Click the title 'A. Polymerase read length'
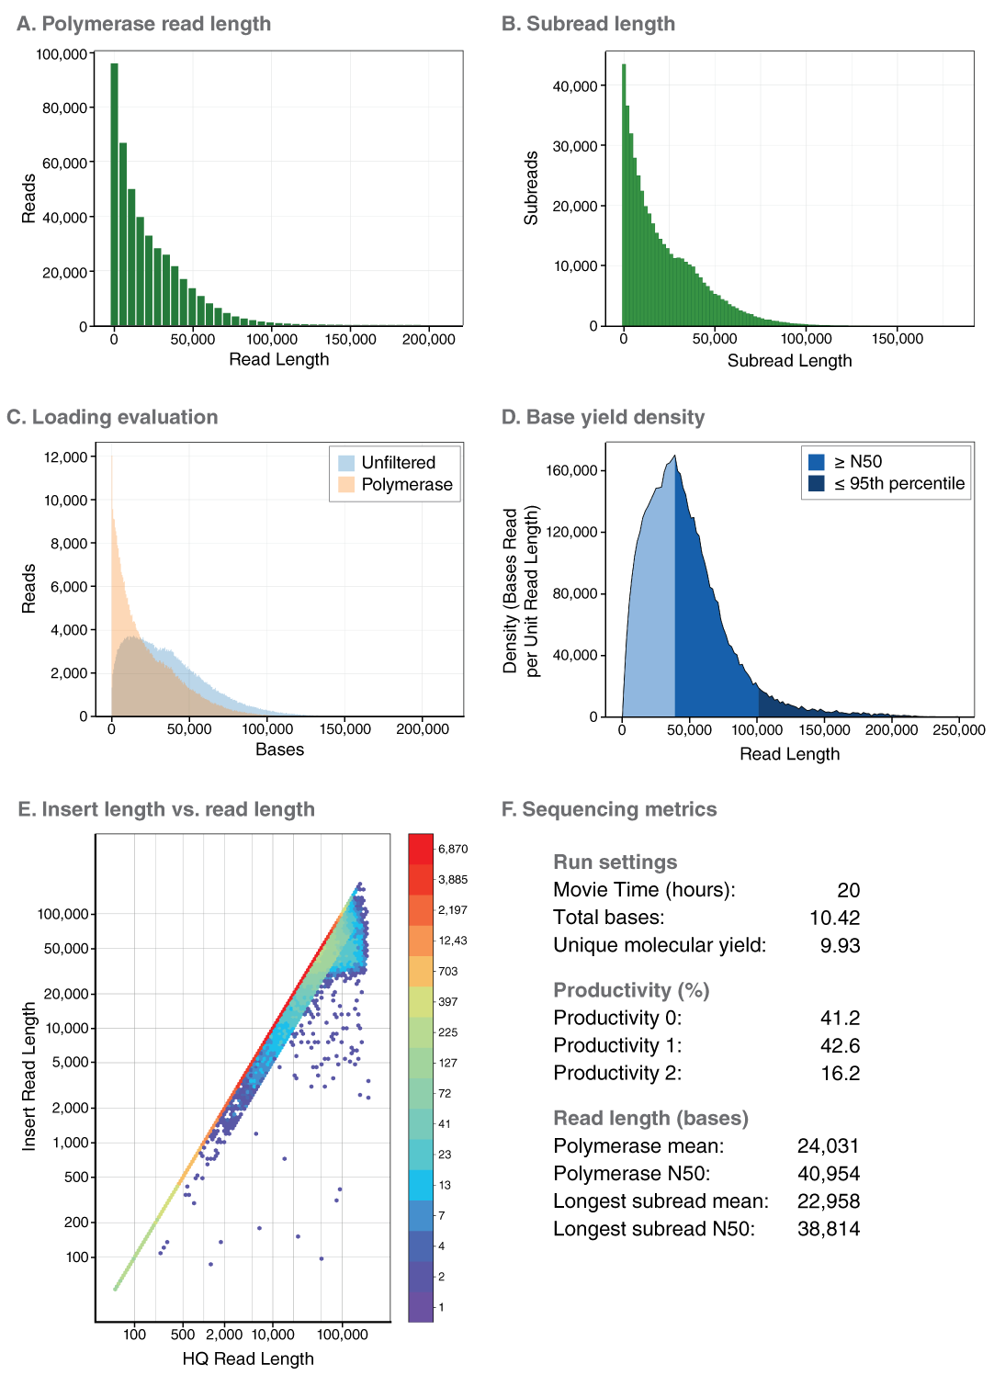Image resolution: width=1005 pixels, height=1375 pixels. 143,24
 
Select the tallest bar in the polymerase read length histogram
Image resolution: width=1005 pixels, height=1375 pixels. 115,195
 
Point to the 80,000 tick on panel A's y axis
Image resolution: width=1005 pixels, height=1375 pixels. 64,108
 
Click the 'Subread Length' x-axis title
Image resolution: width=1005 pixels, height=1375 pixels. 789,361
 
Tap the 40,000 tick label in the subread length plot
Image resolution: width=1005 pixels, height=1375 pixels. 575,86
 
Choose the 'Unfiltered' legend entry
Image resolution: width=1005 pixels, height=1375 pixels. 398,463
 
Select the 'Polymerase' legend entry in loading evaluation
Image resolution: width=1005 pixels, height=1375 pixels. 406,485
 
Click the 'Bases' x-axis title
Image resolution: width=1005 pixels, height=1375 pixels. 279,749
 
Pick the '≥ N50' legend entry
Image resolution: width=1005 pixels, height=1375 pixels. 857,462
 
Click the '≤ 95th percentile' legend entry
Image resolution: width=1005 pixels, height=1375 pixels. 898,484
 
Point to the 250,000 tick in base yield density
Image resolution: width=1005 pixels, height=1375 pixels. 958,730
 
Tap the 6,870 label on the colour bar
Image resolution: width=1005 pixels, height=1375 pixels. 453,850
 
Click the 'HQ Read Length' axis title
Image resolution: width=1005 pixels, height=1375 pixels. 248,1358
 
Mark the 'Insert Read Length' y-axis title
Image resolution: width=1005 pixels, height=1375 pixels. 29,1076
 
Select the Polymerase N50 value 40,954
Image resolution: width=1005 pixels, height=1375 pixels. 828,1174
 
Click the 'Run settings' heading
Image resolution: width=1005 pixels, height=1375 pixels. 615,862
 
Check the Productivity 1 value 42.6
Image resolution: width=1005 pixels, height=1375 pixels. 840,1046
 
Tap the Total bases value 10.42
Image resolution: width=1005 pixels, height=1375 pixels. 834,918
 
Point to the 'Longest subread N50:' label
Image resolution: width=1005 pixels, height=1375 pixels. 653,1229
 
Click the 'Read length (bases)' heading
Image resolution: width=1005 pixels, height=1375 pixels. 650,1119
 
